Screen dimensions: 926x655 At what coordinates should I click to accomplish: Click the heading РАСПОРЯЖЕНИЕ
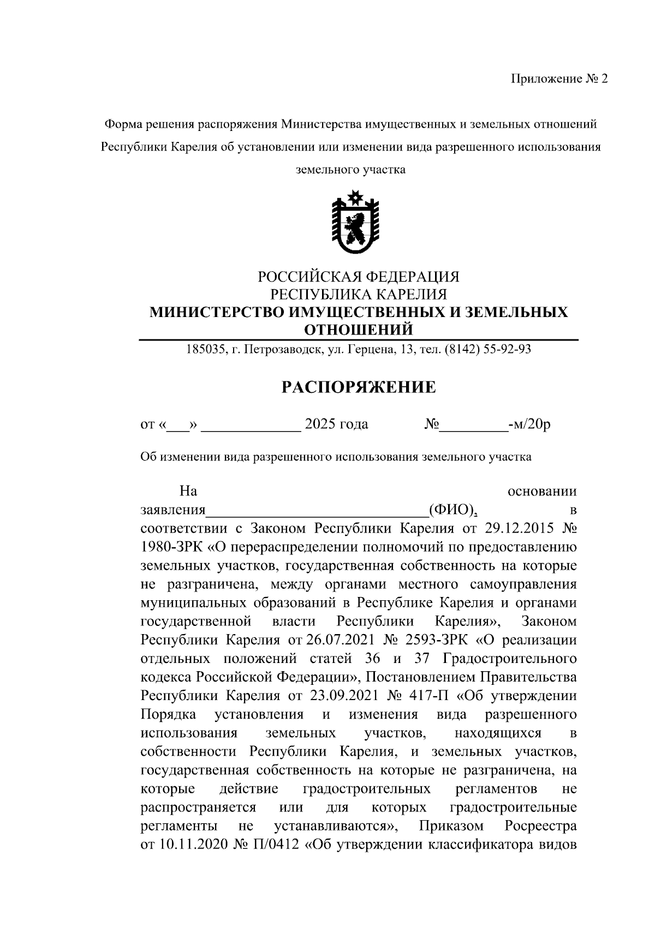click(358, 387)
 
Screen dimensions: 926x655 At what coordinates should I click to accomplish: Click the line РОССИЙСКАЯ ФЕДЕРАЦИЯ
click(358, 277)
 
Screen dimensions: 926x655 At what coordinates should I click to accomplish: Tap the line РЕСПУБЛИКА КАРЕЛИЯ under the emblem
click(358, 295)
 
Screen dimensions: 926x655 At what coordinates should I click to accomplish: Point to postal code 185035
click(205, 349)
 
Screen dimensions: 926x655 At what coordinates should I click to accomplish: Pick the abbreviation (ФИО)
click(451, 510)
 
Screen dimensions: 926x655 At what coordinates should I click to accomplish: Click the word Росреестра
click(540, 826)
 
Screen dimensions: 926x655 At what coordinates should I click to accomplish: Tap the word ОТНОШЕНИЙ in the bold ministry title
click(358, 330)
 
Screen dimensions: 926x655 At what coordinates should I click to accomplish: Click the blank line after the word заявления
click(317, 511)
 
